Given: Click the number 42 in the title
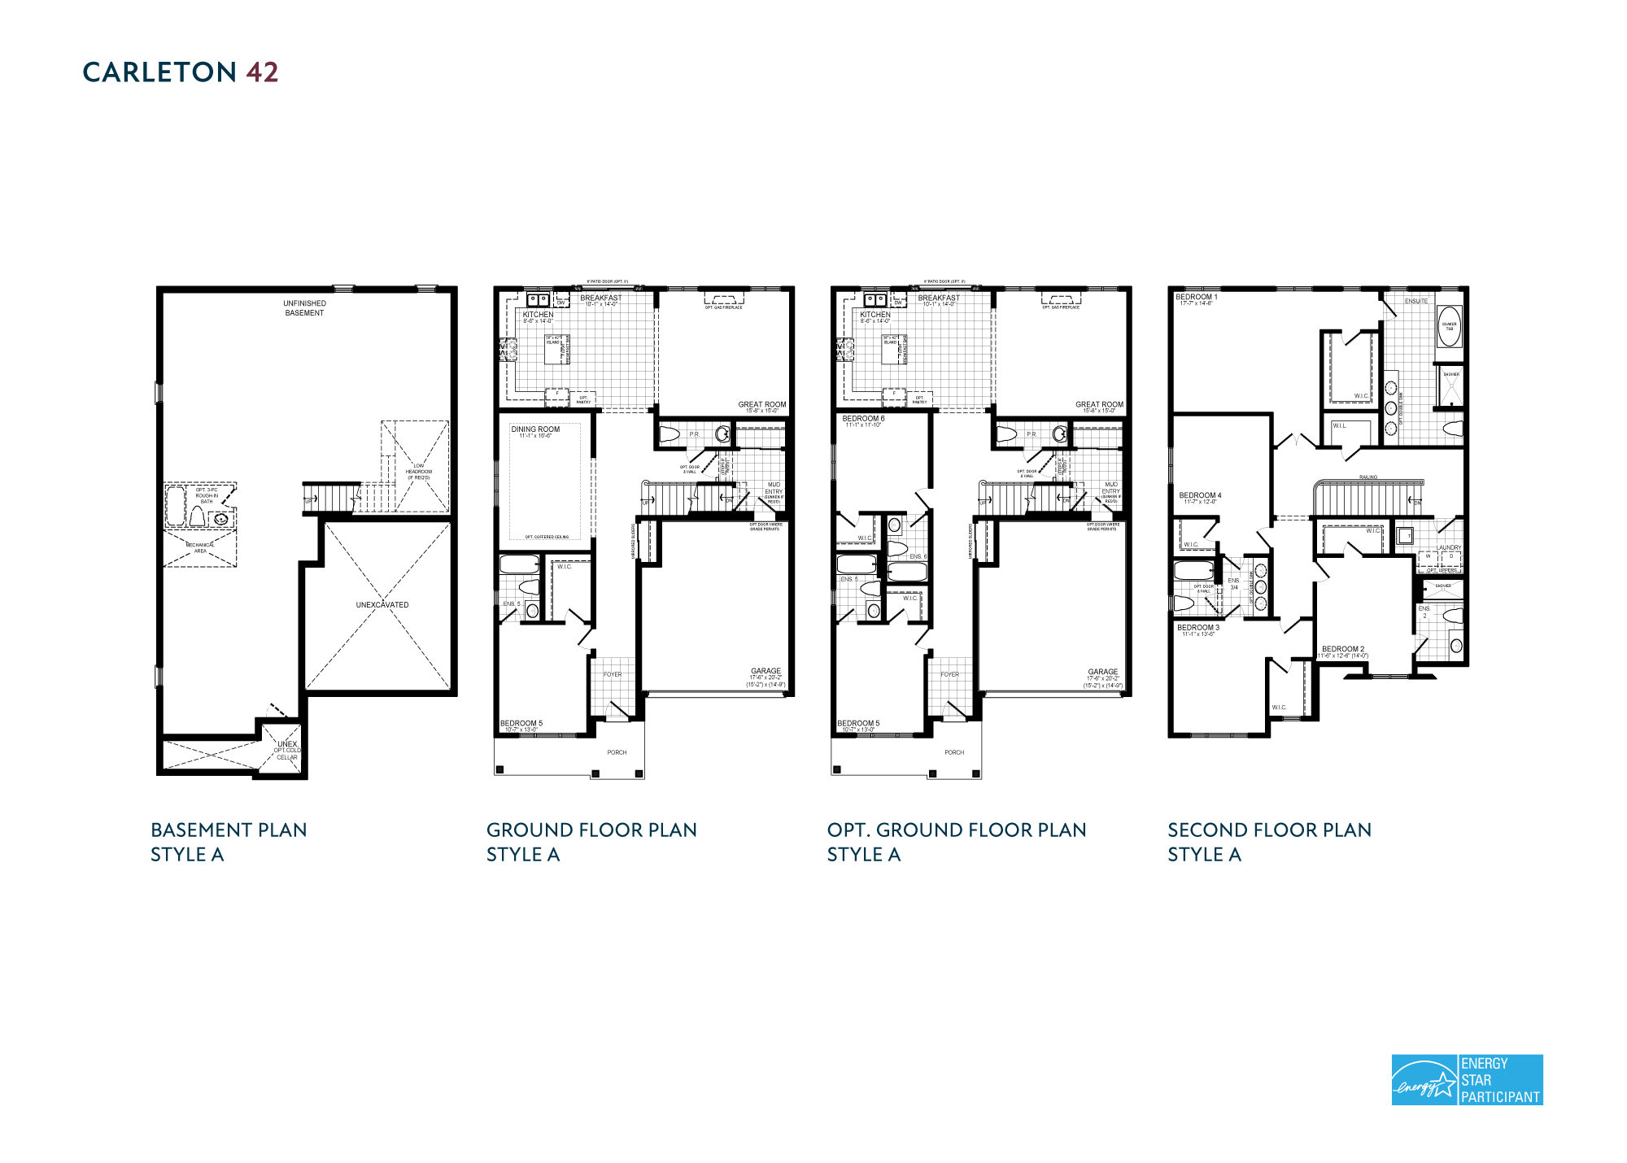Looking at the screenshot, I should (262, 72).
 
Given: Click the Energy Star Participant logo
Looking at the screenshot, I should (1466, 1079).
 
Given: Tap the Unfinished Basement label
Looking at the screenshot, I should (304, 308).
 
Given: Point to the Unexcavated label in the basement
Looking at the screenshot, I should (382, 605).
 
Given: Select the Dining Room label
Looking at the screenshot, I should (535, 429).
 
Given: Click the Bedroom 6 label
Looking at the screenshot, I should (863, 419).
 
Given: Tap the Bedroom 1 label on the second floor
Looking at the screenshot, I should (1196, 298).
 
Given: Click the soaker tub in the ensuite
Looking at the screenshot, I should (1449, 326).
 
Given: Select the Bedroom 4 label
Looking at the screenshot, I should (1200, 495).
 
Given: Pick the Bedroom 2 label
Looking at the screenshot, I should (1343, 649).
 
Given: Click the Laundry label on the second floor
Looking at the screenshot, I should (1449, 547).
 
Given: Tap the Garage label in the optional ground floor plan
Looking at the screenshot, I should (1102, 672).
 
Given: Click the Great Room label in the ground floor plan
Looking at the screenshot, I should (761, 404).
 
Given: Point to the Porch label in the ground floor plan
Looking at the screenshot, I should (617, 752).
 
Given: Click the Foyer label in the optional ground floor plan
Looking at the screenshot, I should (949, 674).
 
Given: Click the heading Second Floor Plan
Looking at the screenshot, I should (1269, 830).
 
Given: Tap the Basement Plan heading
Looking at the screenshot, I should (229, 830).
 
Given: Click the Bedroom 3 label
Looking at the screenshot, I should (1198, 628).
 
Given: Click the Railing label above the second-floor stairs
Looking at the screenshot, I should (1367, 477).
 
